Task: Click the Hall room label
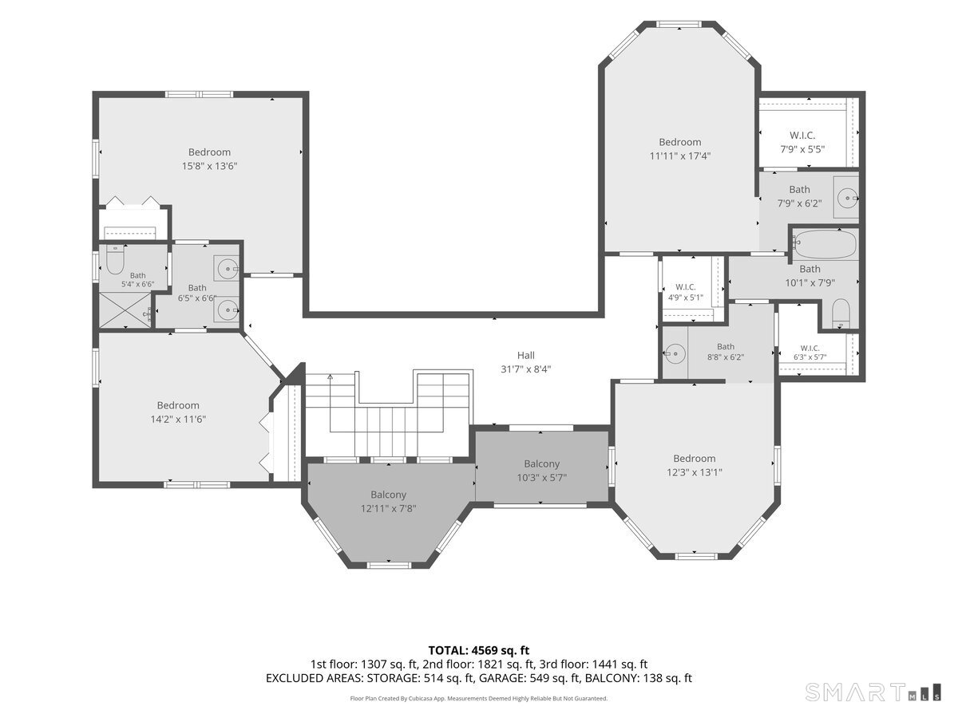pyautogui.click(x=525, y=355)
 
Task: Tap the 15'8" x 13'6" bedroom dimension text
pyautogui.click(x=209, y=166)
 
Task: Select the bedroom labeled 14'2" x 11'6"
pyautogui.click(x=178, y=412)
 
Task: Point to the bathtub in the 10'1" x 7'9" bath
pyautogui.click(x=825, y=243)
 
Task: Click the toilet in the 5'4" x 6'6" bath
pyautogui.click(x=115, y=260)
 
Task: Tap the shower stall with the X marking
pyautogui.click(x=125, y=310)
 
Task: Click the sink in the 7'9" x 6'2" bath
pyautogui.click(x=848, y=199)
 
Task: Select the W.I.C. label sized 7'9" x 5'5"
pyautogui.click(x=802, y=143)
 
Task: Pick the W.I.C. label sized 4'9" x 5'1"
pyautogui.click(x=686, y=292)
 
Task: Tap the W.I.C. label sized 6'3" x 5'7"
pyautogui.click(x=810, y=353)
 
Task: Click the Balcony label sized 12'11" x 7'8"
pyautogui.click(x=388, y=501)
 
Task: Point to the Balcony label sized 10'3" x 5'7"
pyautogui.click(x=541, y=471)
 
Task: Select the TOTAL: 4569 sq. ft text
pyautogui.click(x=479, y=650)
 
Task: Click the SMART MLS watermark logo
pyautogui.click(x=873, y=692)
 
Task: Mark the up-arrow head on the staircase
pyautogui.click(x=330, y=377)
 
